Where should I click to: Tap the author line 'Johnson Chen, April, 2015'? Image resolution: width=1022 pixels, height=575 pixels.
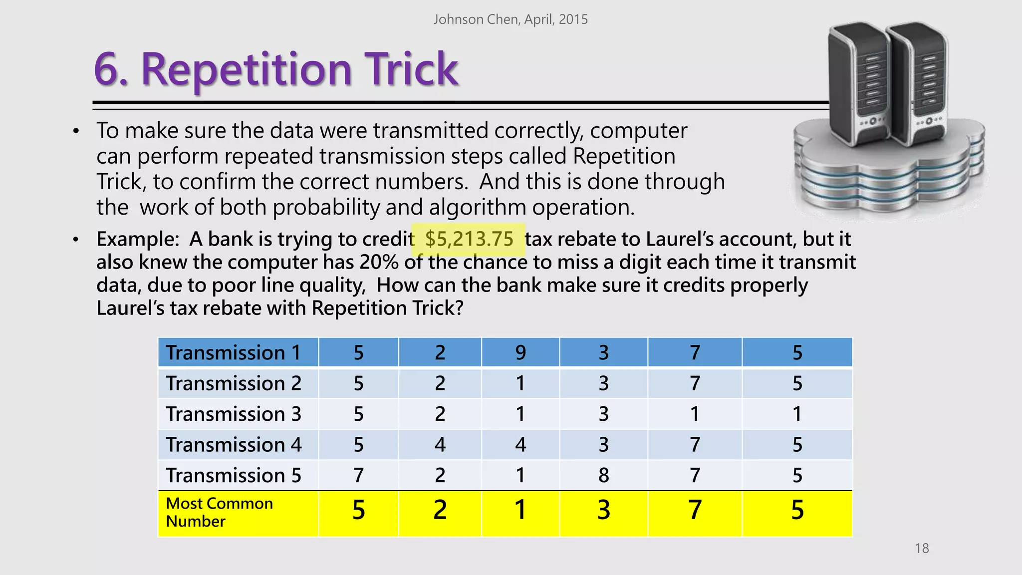[511, 19]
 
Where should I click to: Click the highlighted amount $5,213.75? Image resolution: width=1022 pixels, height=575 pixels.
[469, 239]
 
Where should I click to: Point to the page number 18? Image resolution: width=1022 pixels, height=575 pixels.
[922, 548]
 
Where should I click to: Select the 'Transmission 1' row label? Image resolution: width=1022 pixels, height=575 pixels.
[233, 352]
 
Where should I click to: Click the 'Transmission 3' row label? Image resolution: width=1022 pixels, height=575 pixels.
[234, 414]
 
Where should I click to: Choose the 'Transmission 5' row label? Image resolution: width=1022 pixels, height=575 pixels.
[234, 475]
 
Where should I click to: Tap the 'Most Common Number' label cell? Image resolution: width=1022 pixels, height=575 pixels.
[220, 512]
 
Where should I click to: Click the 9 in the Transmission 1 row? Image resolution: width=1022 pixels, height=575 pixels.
[520, 352]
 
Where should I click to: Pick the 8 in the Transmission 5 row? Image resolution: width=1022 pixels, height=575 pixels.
[604, 475]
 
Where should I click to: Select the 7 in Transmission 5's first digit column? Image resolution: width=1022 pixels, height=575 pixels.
[359, 475]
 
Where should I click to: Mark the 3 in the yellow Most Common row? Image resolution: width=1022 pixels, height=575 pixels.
[604, 510]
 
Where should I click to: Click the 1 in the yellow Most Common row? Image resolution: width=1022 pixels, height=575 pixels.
[520, 510]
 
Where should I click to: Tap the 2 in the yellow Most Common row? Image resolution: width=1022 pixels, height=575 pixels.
[440, 510]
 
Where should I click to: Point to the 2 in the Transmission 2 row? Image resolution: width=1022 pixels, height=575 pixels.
[440, 383]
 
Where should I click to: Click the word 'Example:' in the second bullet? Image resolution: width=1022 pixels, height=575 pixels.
[138, 239]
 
